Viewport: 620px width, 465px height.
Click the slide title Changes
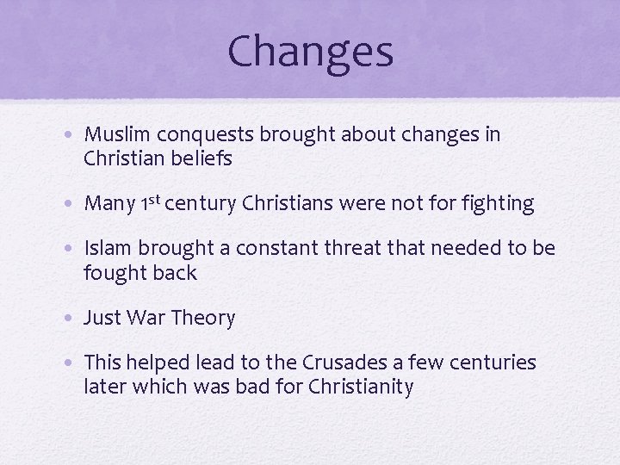(310, 51)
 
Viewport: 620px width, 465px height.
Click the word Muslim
(115, 135)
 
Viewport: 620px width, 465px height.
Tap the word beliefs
(204, 159)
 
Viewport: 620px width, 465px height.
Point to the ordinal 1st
(149, 202)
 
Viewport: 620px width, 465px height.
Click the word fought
(114, 274)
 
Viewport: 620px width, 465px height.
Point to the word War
(146, 319)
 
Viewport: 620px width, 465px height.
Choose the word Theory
(203, 319)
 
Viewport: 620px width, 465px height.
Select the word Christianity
(358, 387)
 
